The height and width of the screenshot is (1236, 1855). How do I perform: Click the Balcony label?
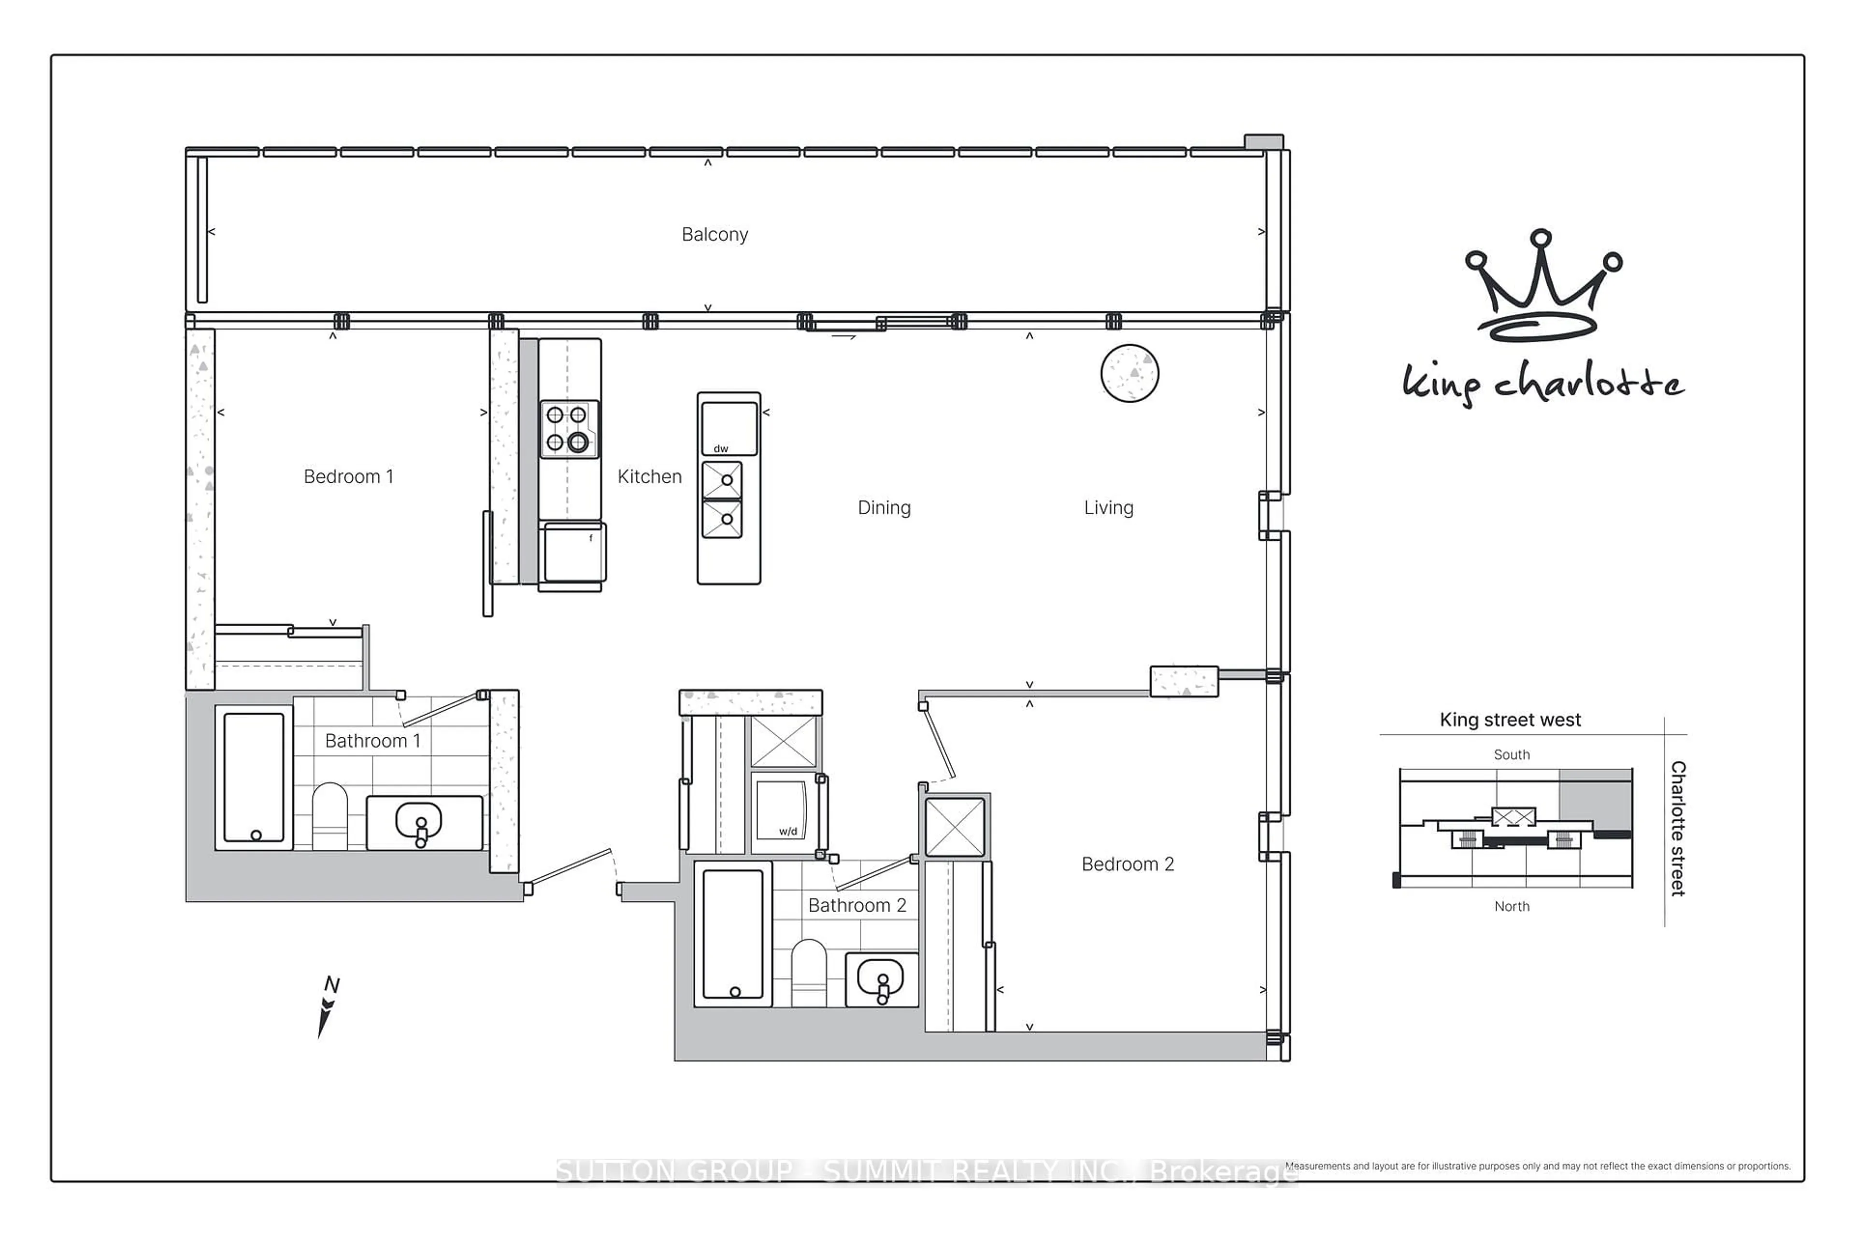click(714, 234)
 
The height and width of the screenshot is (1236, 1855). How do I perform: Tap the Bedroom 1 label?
click(348, 476)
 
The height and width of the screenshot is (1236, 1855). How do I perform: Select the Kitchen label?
click(649, 476)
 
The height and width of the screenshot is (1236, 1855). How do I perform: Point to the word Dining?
click(884, 507)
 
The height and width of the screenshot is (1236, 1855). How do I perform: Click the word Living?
click(1108, 507)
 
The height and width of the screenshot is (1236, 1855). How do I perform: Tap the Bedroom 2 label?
click(1127, 864)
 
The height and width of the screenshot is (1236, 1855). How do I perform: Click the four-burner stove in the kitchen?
click(569, 429)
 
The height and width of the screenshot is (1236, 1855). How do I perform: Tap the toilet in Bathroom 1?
click(329, 816)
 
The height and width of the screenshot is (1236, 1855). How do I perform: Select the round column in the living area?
click(1129, 373)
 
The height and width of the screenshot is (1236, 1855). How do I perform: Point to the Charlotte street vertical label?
click(1678, 828)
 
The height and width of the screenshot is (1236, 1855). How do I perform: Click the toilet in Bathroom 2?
click(808, 973)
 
